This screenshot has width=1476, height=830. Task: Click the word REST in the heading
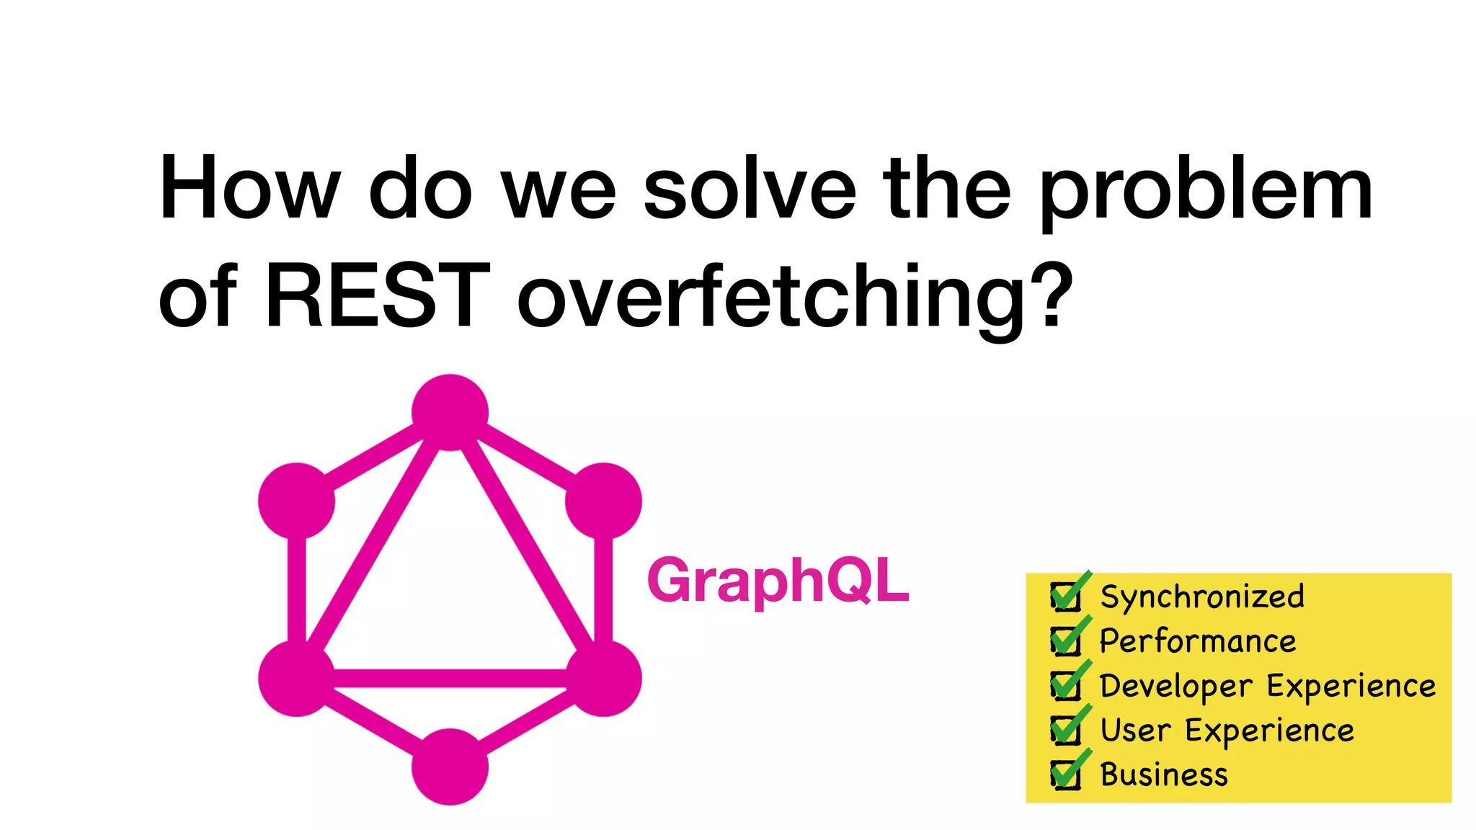click(x=378, y=296)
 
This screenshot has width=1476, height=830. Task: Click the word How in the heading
click(x=249, y=189)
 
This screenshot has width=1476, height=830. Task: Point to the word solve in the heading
click(x=750, y=189)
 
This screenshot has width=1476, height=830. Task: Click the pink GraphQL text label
click(x=778, y=581)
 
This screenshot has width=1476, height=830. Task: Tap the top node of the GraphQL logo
click(x=450, y=412)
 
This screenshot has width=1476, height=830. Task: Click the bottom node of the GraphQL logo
click(x=450, y=767)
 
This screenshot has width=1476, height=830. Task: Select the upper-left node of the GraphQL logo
click(x=296, y=501)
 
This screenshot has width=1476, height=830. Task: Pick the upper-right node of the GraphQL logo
click(x=603, y=501)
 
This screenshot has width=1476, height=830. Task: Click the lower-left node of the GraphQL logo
click(x=296, y=678)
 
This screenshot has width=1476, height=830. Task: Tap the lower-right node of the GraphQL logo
click(x=603, y=678)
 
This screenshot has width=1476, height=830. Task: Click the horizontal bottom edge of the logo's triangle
click(x=450, y=678)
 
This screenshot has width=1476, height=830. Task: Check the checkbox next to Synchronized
click(x=1066, y=597)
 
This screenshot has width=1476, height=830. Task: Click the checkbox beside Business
click(x=1066, y=775)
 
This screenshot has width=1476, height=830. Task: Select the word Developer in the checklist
click(x=1176, y=686)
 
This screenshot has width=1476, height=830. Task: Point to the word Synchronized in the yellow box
click(x=1202, y=597)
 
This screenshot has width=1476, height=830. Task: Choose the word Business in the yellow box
click(x=1164, y=775)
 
